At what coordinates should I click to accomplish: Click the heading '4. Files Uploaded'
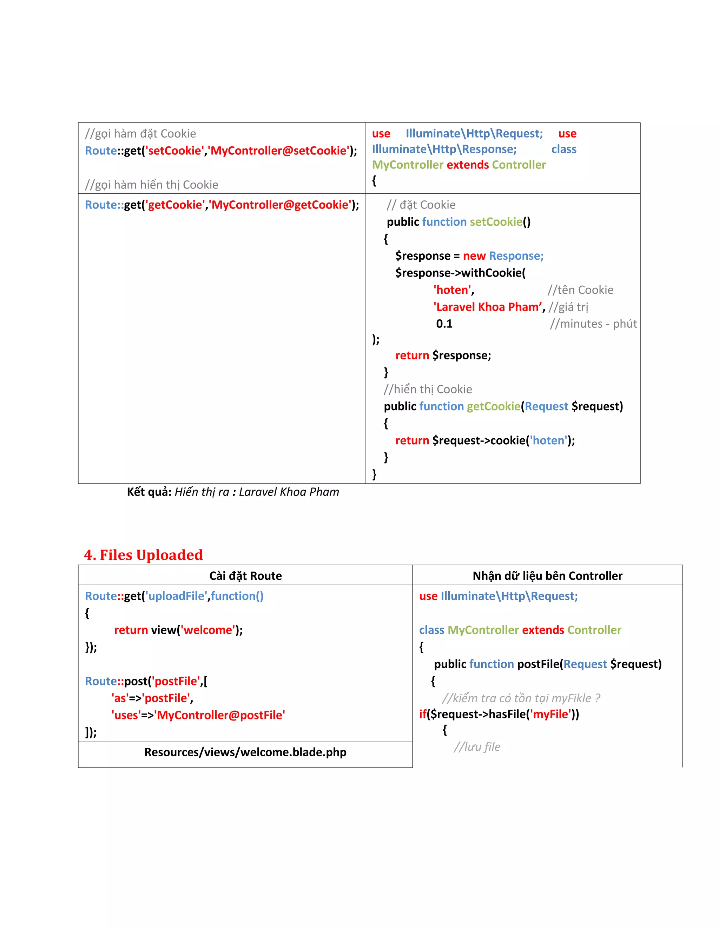pyautogui.click(x=143, y=555)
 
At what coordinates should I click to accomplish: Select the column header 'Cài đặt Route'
pyautogui.click(x=245, y=576)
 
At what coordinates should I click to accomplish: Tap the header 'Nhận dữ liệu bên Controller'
pyautogui.click(x=547, y=576)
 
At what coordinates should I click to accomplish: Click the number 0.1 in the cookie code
pyautogui.click(x=444, y=324)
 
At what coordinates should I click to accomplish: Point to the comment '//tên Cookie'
pyautogui.click(x=580, y=290)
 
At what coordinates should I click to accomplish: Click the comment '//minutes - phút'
pyautogui.click(x=593, y=324)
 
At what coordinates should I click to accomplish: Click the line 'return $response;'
pyautogui.click(x=443, y=355)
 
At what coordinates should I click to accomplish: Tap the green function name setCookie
pyautogui.click(x=496, y=222)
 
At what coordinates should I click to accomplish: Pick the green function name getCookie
pyautogui.click(x=493, y=406)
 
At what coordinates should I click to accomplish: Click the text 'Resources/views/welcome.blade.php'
pyautogui.click(x=245, y=752)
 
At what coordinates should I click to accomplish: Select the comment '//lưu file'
pyautogui.click(x=477, y=746)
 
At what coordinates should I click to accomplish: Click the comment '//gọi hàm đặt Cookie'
pyautogui.click(x=140, y=134)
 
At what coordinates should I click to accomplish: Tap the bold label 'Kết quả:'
pyautogui.click(x=149, y=492)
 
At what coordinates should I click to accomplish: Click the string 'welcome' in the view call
pyautogui.click(x=207, y=630)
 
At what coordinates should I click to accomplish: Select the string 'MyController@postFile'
pyautogui.click(x=219, y=715)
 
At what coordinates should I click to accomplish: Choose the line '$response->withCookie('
pyautogui.click(x=460, y=273)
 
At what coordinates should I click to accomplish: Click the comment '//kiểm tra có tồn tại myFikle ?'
pyautogui.click(x=521, y=698)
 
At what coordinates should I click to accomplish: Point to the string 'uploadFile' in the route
pyautogui.click(x=176, y=596)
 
